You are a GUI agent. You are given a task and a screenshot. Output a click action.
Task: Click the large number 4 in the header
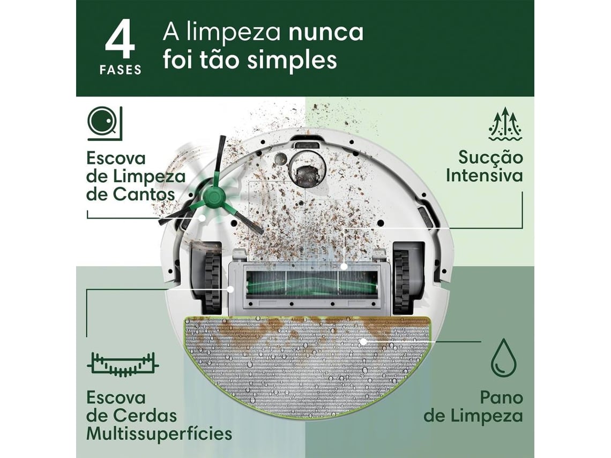click(x=120, y=41)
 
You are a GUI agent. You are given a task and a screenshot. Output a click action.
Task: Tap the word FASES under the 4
click(x=120, y=70)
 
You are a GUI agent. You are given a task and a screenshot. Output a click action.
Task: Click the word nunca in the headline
click(x=326, y=32)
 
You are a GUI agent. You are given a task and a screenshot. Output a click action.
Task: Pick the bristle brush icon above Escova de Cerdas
click(x=123, y=364)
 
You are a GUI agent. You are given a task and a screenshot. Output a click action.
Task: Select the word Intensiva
click(x=484, y=176)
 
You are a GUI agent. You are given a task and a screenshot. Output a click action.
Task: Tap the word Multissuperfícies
click(x=159, y=433)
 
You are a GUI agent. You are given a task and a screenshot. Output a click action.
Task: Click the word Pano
click(x=501, y=398)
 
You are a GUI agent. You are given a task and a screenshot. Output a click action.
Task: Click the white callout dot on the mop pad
click(x=363, y=341)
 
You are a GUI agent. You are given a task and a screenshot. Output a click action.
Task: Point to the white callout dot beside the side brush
click(x=202, y=218)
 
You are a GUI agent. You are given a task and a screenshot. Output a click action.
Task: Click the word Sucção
click(x=490, y=157)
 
